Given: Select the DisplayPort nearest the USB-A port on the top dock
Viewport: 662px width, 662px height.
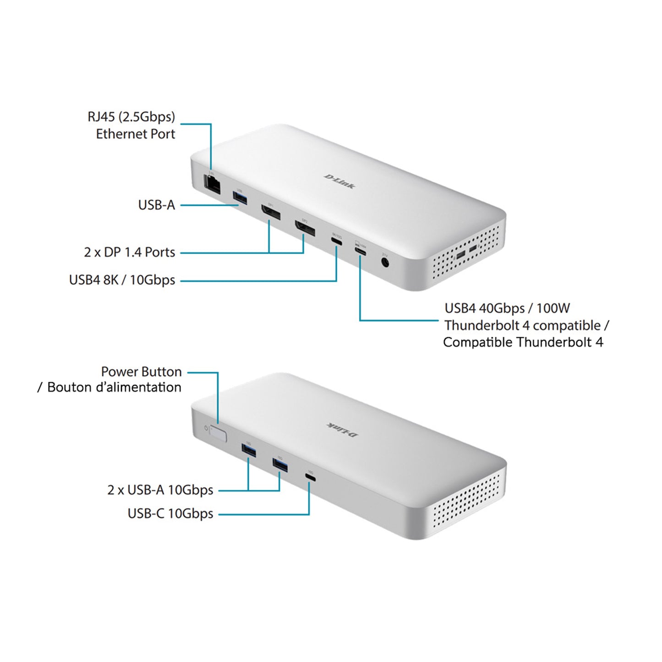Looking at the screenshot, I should pos(271,212).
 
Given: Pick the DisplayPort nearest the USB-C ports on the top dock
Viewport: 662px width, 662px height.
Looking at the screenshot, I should pos(305,228).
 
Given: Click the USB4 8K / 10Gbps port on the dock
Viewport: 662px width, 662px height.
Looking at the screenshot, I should pos(336,241).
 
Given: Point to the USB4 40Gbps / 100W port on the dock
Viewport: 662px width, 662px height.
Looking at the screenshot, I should pos(360,251).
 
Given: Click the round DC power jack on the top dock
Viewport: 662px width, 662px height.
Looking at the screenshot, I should pos(385,263).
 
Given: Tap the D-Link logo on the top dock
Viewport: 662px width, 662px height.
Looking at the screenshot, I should pos(339,181).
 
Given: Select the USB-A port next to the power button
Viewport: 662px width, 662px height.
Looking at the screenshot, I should pos(248,451).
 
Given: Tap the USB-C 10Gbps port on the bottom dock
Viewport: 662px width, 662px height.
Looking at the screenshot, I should pos(311,478).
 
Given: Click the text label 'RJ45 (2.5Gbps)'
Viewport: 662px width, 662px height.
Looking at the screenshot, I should pos(131,117).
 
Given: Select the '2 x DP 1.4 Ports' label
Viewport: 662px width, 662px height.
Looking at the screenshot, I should pos(130,252).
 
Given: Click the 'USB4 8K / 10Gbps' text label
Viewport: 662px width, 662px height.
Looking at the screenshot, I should pos(122,280).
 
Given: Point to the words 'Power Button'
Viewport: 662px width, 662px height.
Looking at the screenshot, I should pos(141,372).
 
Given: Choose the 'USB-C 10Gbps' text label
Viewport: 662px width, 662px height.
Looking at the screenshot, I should pos(170,514).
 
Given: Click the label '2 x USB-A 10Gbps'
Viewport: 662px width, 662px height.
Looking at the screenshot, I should pos(160,490).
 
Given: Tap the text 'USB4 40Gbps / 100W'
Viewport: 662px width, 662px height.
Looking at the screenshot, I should pos(507,308).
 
